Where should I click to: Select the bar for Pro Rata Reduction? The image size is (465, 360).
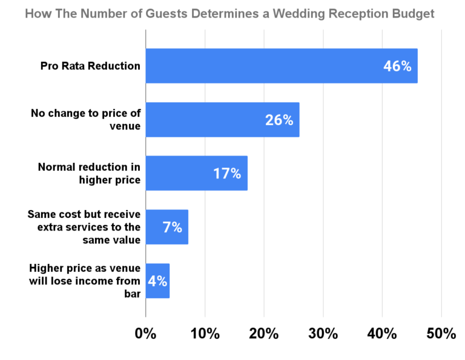tap(266, 66)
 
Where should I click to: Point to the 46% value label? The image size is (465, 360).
tap(397, 66)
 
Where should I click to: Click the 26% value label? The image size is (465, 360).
tap(279, 120)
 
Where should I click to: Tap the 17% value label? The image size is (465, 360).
tap(227, 174)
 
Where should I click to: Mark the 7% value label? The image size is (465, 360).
tap(172, 227)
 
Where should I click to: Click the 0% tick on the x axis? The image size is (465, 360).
tap(146, 333)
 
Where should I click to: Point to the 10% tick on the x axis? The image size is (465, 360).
tap(205, 333)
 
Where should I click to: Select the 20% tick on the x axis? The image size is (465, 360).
tap(264, 333)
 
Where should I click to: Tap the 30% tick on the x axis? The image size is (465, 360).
tap(323, 333)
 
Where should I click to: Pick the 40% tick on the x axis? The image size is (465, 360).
tap(383, 333)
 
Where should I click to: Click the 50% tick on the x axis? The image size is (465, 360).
tap(441, 333)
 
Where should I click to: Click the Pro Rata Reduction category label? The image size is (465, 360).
tap(90, 66)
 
